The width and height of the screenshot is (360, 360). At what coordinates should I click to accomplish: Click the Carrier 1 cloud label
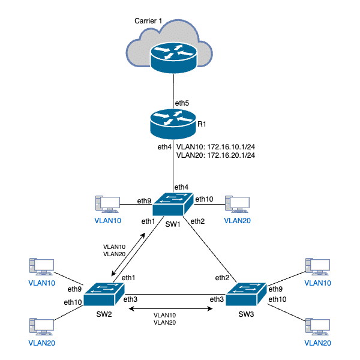point(148,22)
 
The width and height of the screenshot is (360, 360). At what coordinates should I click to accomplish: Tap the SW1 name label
point(173,224)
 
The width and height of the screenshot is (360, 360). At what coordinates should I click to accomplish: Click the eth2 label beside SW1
point(199,222)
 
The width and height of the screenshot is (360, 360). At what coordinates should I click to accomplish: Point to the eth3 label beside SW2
point(131,299)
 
